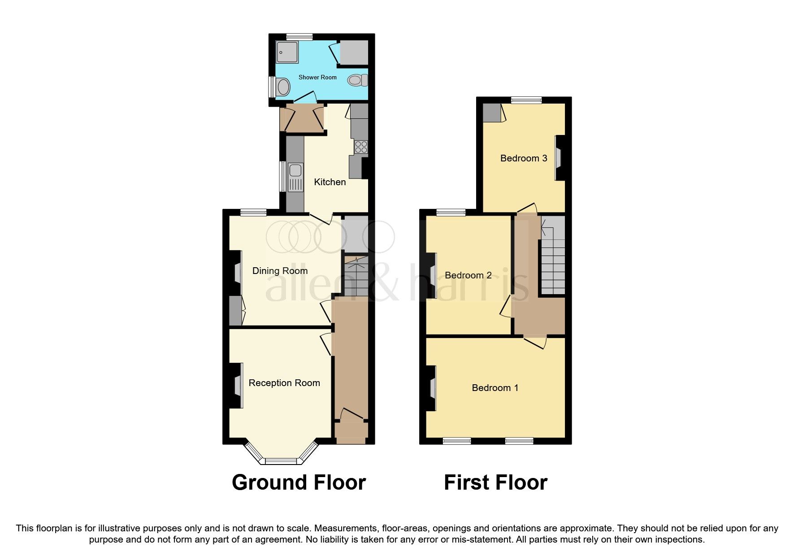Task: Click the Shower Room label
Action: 317,78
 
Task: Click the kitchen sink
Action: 295,171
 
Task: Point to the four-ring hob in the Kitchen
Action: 361,147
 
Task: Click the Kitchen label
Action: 330,182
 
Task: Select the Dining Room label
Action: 280,271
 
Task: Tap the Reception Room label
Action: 284,383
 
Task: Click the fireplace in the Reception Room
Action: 239,386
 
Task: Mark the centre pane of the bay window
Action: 281,461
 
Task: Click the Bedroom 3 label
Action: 524,158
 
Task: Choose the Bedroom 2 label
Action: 468,275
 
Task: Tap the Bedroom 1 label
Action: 495,388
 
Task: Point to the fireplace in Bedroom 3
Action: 559,158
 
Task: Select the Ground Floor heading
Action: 299,482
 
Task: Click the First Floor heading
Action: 495,482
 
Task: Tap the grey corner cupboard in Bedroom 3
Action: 491,113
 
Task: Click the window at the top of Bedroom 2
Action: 451,213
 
